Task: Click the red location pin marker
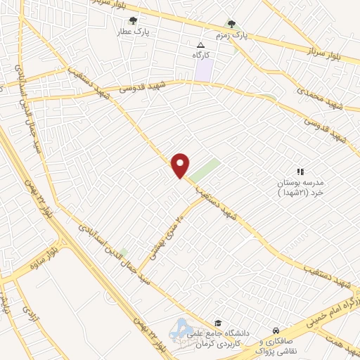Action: tap(181, 165)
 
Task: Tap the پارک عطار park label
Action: tap(134, 32)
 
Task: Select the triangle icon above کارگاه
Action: tap(201, 44)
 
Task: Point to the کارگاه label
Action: tap(202, 54)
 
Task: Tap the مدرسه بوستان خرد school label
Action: tap(300, 186)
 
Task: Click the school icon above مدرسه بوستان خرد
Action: tap(300, 171)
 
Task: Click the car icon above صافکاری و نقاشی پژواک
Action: tap(276, 330)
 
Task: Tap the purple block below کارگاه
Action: tap(203, 70)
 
